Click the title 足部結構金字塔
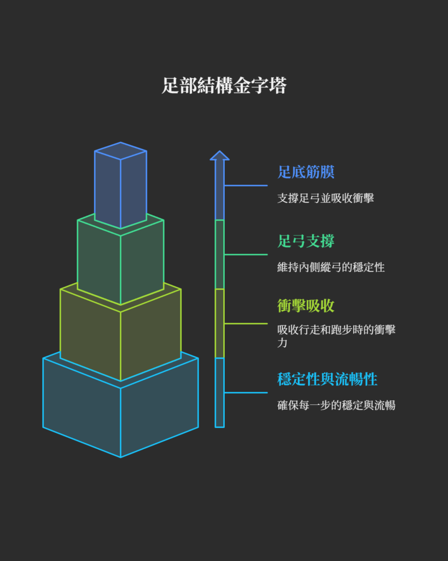pyautogui.click(x=224, y=86)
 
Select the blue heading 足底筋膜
pyautogui.click(x=305, y=173)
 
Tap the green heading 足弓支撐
pyautogui.click(x=305, y=241)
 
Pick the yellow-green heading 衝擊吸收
pyautogui.click(x=305, y=306)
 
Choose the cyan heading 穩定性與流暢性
pyautogui.click(x=327, y=379)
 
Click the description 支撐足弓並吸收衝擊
pyautogui.click(x=325, y=198)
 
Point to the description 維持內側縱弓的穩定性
pyautogui.click(x=331, y=267)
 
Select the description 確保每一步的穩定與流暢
pyautogui.click(x=336, y=405)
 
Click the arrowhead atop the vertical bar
pyautogui.click(x=219, y=156)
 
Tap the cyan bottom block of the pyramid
pyautogui.click(x=120, y=416)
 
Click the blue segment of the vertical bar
pyautogui.click(x=219, y=192)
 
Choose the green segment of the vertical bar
pyautogui.click(x=219, y=254)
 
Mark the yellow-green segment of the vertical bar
pyautogui.click(x=219, y=323)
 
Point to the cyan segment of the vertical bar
pyautogui.click(x=219, y=392)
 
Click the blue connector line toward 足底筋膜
pyautogui.click(x=246, y=186)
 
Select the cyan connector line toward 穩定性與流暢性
pyautogui.click(x=246, y=393)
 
